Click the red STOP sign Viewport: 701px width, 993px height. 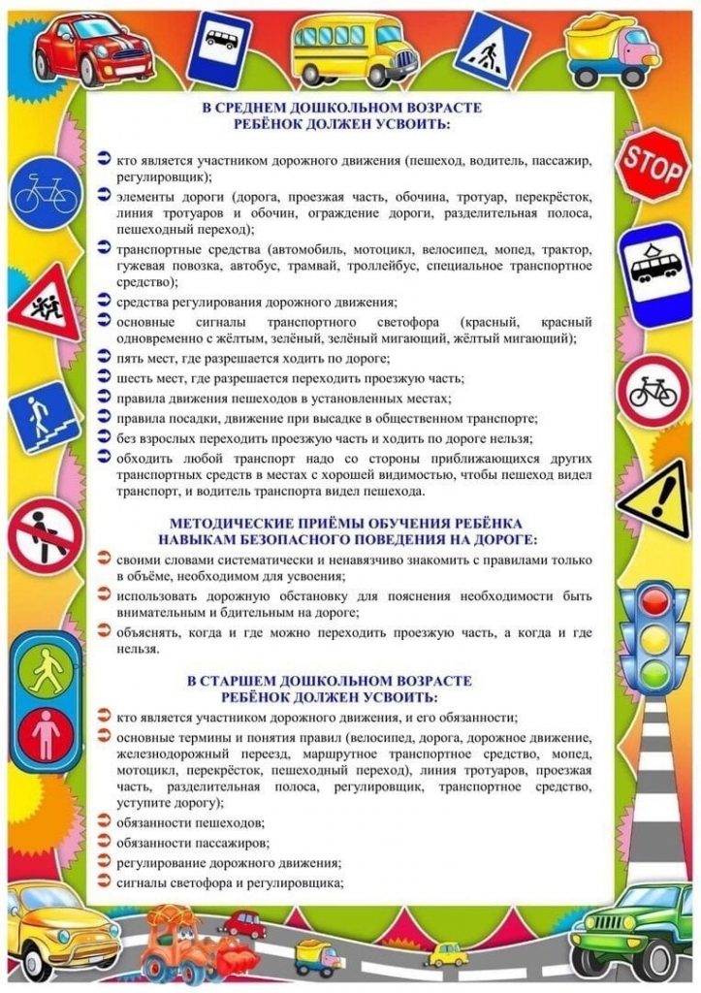[x=652, y=166]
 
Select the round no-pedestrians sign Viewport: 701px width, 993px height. [x=45, y=534]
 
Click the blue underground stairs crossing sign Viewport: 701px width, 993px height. [x=41, y=416]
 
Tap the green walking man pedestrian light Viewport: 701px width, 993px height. [x=45, y=669]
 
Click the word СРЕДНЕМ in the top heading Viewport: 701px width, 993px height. [x=263, y=109]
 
